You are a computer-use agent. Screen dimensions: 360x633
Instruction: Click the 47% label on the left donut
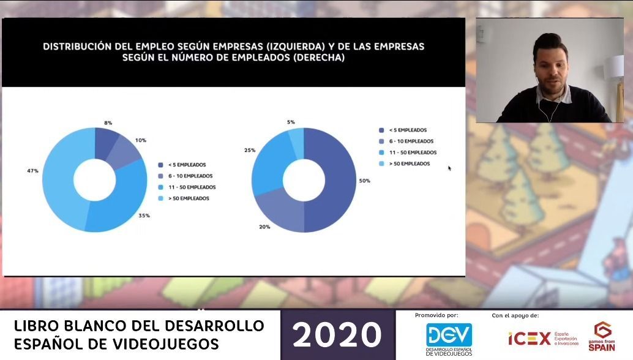click(32, 170)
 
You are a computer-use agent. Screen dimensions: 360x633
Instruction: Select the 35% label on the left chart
click(144, 216)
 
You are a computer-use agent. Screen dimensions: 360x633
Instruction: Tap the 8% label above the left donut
click(108, 123)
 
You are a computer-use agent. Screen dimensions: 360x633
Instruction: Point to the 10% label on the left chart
click(141, 140)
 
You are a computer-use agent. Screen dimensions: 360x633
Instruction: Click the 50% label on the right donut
click(365, 181)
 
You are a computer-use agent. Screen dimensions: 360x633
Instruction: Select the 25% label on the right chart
click(250, 150)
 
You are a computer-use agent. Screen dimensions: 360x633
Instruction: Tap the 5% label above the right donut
click(291, 122)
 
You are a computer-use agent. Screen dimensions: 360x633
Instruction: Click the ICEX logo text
click(529, 338)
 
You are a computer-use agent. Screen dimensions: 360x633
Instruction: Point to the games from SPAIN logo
click(601, 337)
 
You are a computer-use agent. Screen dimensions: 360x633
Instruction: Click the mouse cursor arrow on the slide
click(449, 168)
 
